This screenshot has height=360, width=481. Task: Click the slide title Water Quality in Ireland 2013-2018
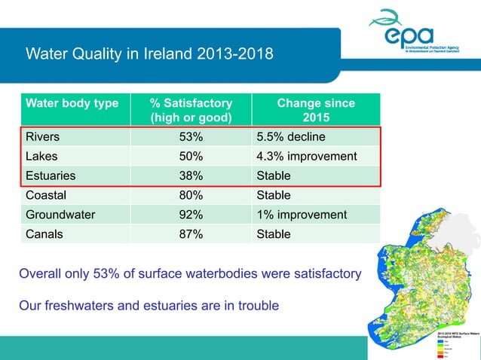click(x=149, y=54)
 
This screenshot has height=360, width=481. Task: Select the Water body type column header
click(x=72, y=103)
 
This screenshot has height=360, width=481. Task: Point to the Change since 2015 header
click(x=315, y=110)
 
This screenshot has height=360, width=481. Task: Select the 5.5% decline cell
click(x=291, y=137)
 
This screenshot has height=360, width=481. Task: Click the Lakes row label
click(x=41, y=157)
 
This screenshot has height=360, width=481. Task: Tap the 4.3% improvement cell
click(x=307, y=157)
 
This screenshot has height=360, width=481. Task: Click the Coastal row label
click(x=46, y=196)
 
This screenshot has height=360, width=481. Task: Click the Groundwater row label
click(x=60, y=215)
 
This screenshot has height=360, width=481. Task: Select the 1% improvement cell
click(x=302, y=215)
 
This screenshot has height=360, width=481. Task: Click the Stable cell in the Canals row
click(x=273, y=234)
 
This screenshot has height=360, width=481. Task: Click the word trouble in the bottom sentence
click(x=255, y=306)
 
